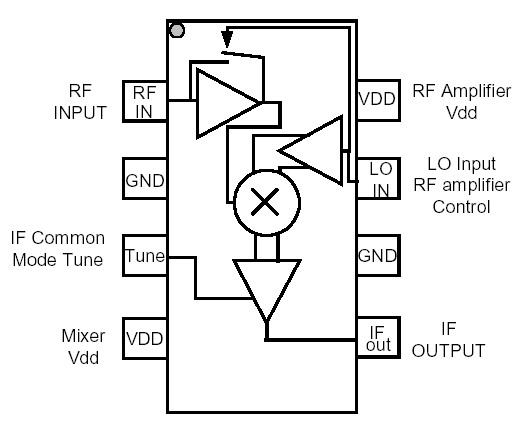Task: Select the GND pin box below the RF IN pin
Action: (144, 180)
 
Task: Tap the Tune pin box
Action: (144, 256)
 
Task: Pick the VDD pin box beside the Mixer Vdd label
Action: (144, 340)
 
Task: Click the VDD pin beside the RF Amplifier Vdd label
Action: (377, 100)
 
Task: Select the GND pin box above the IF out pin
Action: (377, 256)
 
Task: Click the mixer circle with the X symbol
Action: (264, 203)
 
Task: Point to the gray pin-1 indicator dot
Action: (177, 30)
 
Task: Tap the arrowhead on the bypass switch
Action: (227, 42)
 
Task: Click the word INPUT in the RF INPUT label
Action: (80, 112)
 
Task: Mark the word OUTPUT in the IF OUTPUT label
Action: (449, 350)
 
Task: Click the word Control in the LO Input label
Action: (461, 208)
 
